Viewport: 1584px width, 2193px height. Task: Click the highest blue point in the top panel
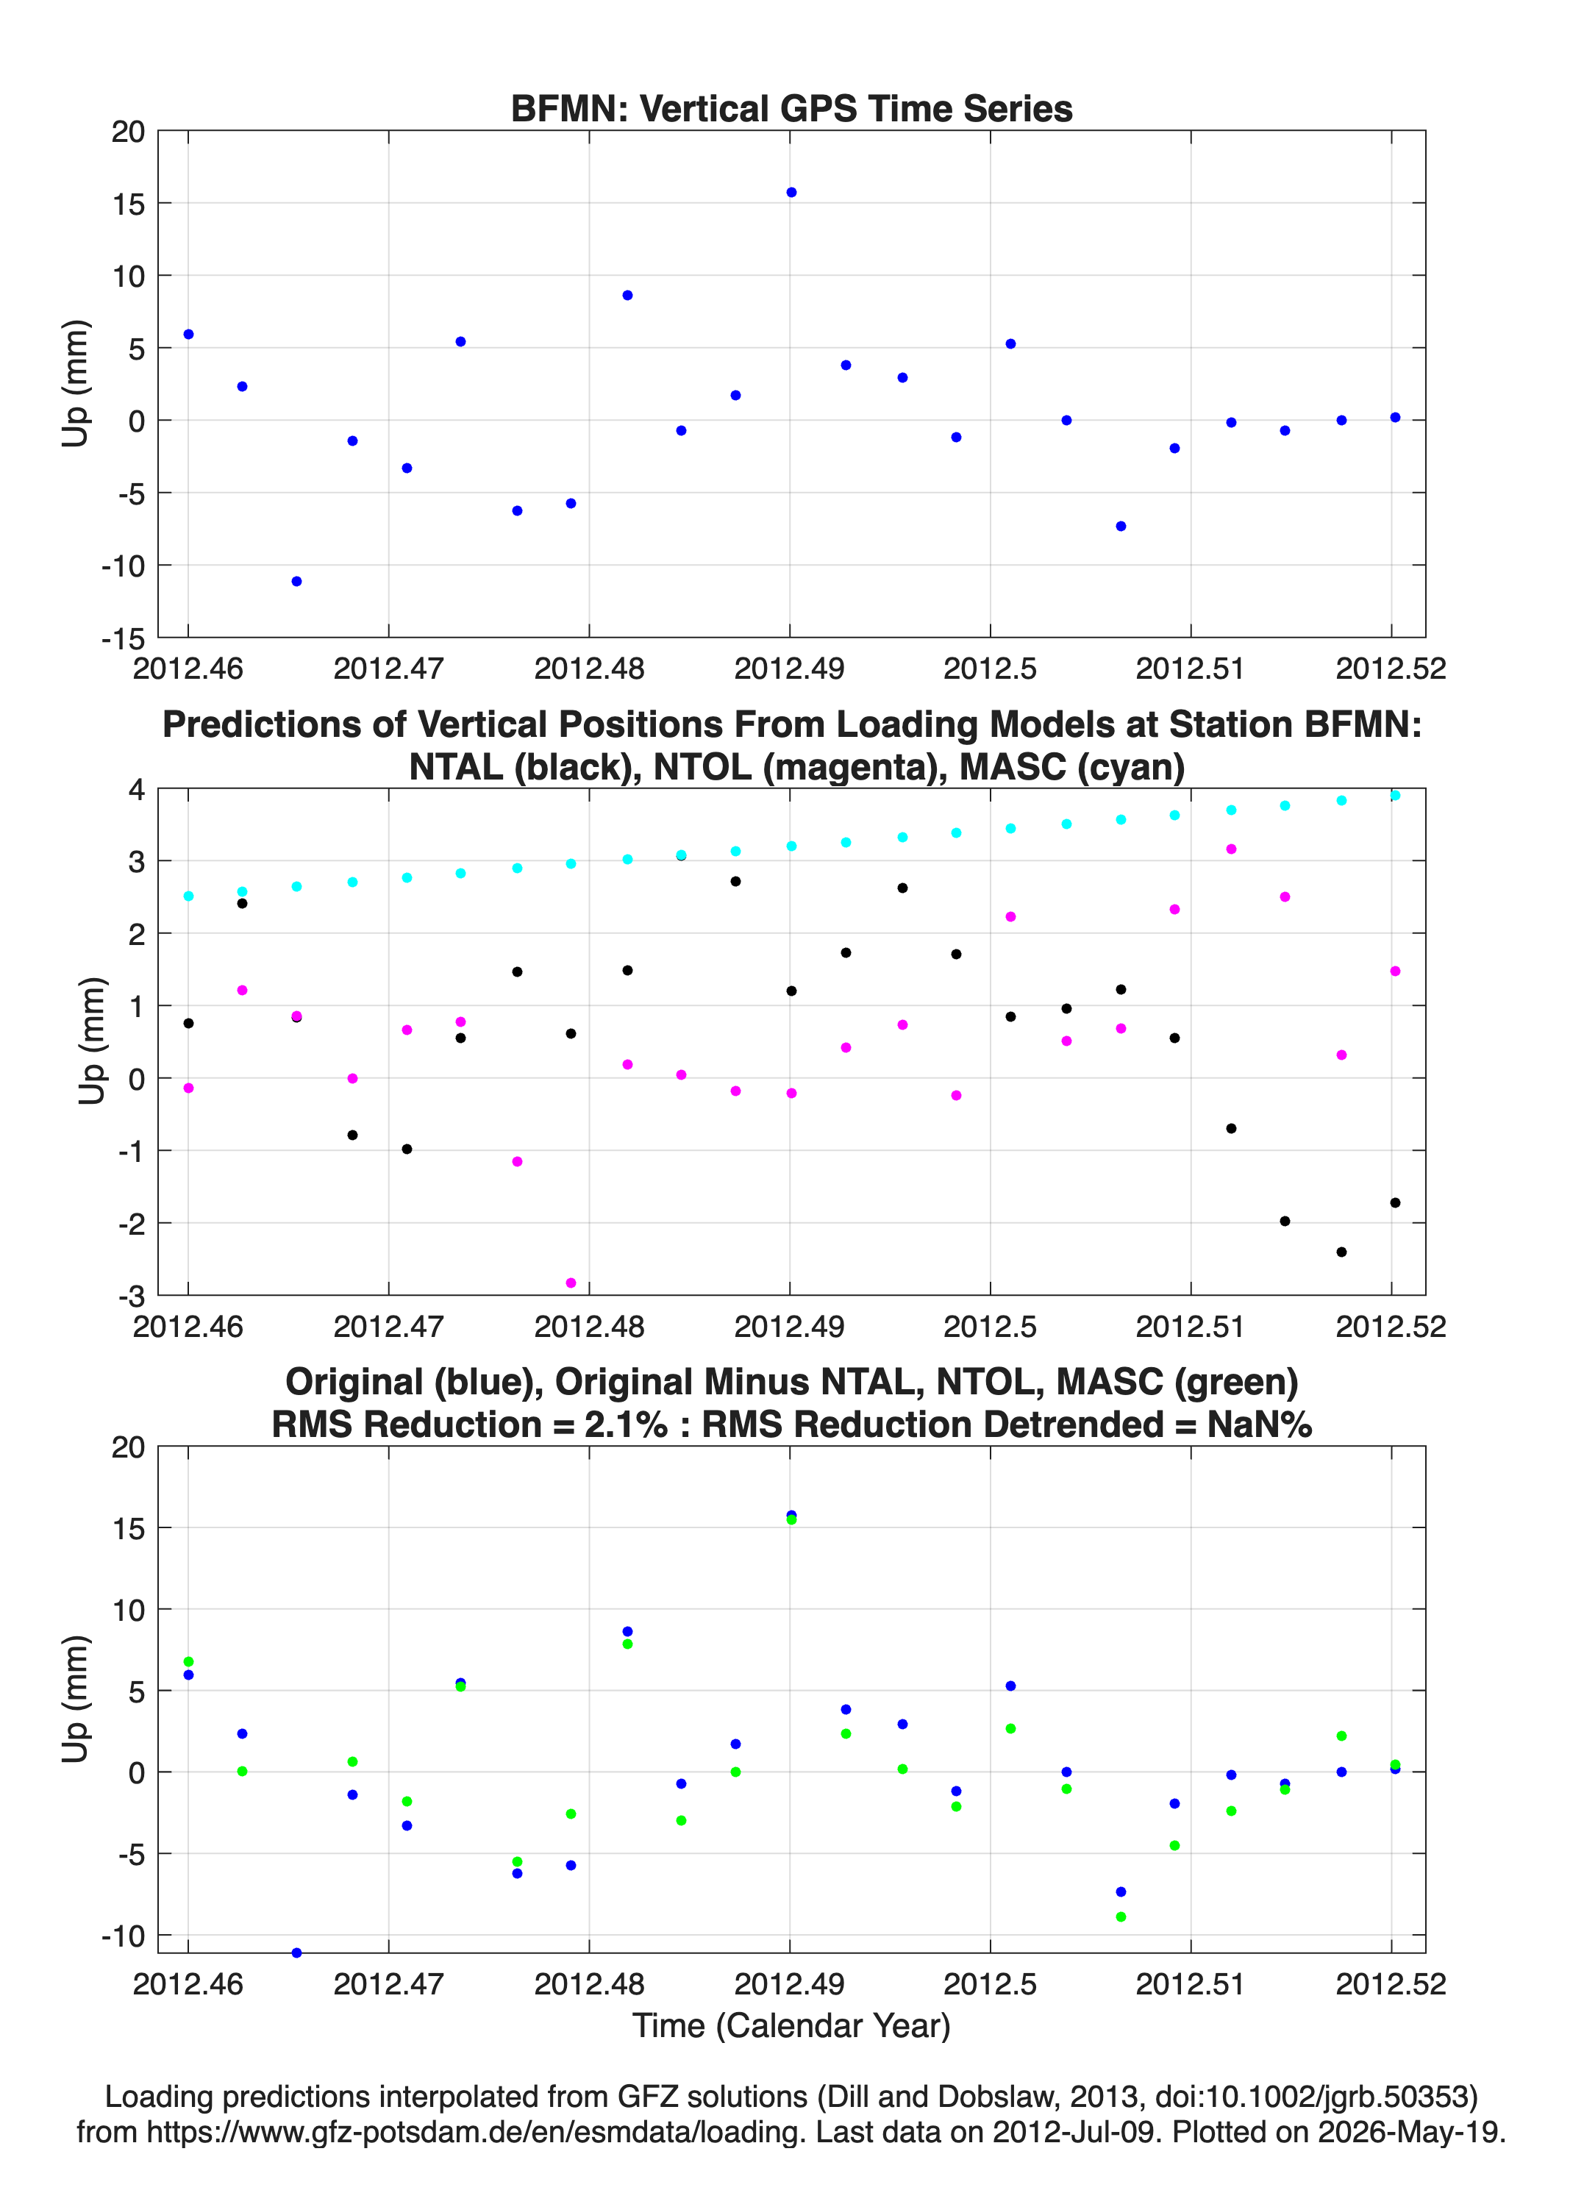pyautogui.click(x=791, y=193)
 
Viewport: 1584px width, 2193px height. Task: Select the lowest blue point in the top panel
pyautogui.click(x=297, y=581)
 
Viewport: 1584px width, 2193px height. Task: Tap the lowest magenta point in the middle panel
pyautogui.click(x=571, y=1283)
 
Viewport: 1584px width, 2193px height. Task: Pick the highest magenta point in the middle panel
pyautogui.click(x=1231, y=849)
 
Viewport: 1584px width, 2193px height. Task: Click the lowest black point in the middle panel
pyautogui.click(x=1341, y=1252)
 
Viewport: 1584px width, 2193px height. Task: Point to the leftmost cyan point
pyautogui.click(x=188, y=896)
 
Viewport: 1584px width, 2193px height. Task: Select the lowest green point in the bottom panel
pyautogui.click(x=1121, y=1916)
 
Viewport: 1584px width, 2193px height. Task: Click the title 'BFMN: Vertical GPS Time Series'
pyautogui.click(x=791, y=108)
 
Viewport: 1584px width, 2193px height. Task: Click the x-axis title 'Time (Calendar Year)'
pyautogui.click(x=791, y=2025)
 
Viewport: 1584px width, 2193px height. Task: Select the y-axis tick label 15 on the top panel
pyautogui.click(x=129, y=204)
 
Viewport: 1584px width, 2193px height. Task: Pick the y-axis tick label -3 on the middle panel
pyautogui.click(x=132, y=1296)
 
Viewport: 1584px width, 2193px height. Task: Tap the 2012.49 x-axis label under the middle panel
pyautogui.click(x=789, y=1327)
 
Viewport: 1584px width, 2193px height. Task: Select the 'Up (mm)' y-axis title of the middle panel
pyautogui.click(x=93, y=1041)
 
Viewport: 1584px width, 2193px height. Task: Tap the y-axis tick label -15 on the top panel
pyautogui.click(x=123, y=639)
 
